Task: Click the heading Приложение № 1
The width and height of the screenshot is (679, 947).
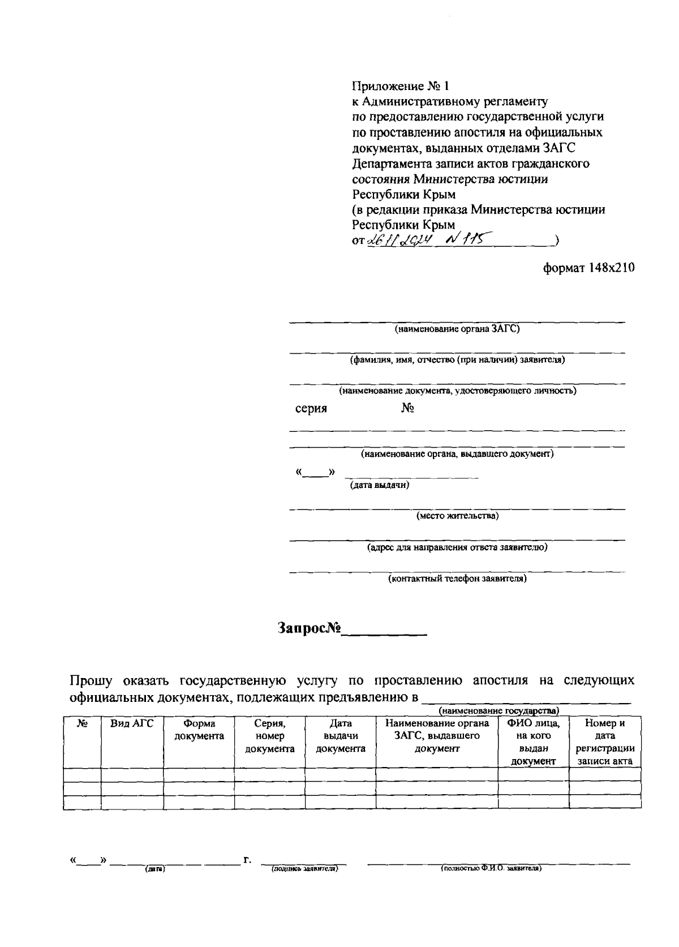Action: pyautogui.click(x=399, y=86)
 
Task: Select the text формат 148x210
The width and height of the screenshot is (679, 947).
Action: pyautogui.click(x=588, y=267)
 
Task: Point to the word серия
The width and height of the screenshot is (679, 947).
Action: pyautogui.click(x=311, y=409)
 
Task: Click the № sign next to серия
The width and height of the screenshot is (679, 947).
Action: pyautogui.click(x=407, y=409)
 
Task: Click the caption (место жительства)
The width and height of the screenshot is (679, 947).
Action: pyautogui.click(x=457, y=516)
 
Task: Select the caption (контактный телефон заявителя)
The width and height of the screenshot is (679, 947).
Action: pyautogui.click(x=457, y=579)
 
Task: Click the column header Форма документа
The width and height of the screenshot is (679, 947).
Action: pyautogui.click(x=199, y=730)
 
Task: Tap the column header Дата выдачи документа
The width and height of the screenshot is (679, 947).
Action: pyautogui.click(x=341, y=736)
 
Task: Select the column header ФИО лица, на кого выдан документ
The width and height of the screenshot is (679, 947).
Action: pyautogui.click(x=533, y=742)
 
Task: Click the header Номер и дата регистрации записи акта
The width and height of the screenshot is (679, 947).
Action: pyautogui.click(x=605, y=742)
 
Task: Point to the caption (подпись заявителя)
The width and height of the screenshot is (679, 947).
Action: pyautogui.click(x=304, y=868)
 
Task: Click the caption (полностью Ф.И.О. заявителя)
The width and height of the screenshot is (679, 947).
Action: pyautogui.click(x=491, y=868)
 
